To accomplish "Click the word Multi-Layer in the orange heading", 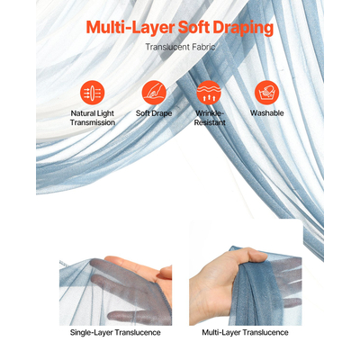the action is pyautogui.click(x=130, y=28).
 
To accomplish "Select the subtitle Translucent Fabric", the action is pyautogui.click(x=180, y=47).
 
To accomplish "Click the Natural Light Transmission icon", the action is pyautogui.click(x=93, y=93).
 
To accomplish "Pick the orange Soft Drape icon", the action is pyautogui.click(x=154, y=93).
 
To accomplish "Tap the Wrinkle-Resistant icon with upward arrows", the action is pyautogui.click(x=209, y=93).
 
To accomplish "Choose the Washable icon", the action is pyautogui.click(x=266, y=93).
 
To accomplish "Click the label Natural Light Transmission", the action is pyautogui.click(x=93, y=118).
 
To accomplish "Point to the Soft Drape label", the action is pyautogui.click(x=154, y=113).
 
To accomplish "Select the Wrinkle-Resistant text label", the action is pyautogui.click(x=210, y=118).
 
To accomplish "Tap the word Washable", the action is pyautogui.click(x=267, y=113).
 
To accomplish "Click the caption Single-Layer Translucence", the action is pyautogui.click(x=115, y=333).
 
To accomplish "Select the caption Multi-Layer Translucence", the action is pyautogui.click(x=245, y=333).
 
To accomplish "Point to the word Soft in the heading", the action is pyautogui.click(x=193, y=28).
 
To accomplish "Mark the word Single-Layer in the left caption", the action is pyautogui.click(x=91, y=333).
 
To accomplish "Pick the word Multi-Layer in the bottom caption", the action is pyautogui.click(x=221, y=333).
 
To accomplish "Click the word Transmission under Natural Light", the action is pyautogui.click(x=93, y=122).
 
